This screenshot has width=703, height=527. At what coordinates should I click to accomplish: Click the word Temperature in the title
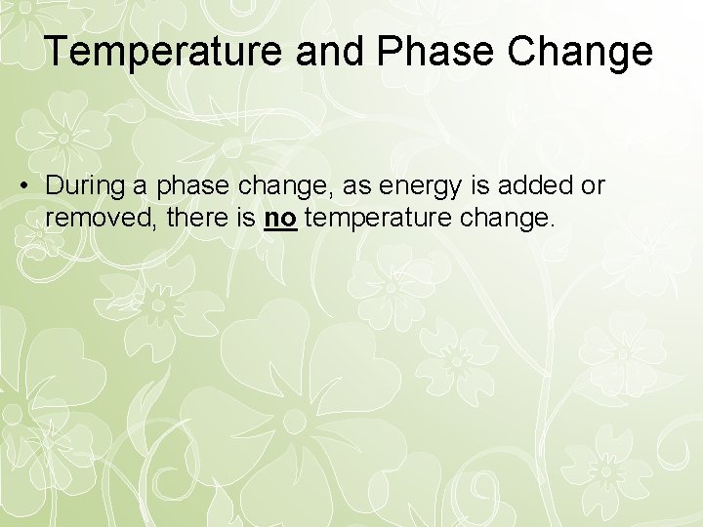click(x=155, y=52)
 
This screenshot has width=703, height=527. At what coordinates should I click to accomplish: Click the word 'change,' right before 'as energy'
click(x=263, y=185)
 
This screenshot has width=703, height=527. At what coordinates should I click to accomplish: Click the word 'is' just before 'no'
click(x=244, y=218)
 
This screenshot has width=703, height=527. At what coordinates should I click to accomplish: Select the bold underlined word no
click(x=280, y=218)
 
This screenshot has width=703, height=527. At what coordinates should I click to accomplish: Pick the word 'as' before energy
click(x=323, y=185)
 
